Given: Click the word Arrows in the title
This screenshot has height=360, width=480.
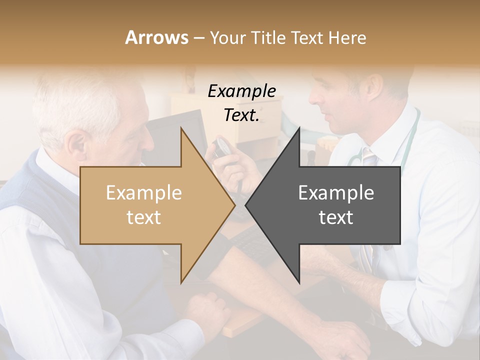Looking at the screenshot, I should [156, 37].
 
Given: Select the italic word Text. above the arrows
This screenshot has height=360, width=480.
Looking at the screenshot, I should [241, 115].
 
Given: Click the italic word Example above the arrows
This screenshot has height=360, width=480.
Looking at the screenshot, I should [241, 91].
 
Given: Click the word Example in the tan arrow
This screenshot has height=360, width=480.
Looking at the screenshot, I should [144, 193].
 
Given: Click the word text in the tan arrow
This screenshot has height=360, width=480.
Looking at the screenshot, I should [144, 217].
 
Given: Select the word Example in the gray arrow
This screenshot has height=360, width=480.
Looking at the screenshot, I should [336, 193].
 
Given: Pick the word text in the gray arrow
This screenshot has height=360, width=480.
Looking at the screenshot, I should [336, 217].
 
